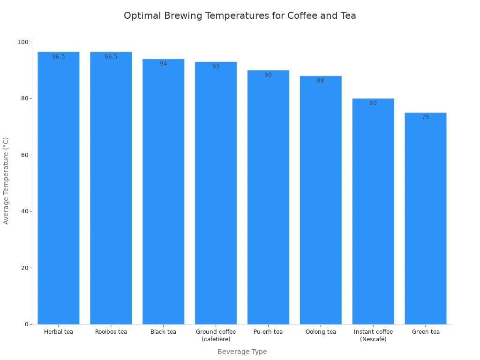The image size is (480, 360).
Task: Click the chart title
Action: pyautogui.click(x=240, y=15)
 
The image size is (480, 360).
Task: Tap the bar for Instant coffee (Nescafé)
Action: pyautogui.click(x=373, y=211)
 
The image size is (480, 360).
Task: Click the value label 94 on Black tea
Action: pyautogui.click(x=163, y=64)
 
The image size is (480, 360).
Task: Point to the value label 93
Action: pyautogui.click(x=216, y=67)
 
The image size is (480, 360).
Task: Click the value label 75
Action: pyautogui.click(x=425, y=117)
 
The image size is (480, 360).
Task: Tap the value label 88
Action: pyautogui.click(x=320, y=81)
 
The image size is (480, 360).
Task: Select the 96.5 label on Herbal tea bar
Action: pyautogui.click(x=59, y=57)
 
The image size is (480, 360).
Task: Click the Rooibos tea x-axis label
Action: pyautogui.click(x=111, y=332)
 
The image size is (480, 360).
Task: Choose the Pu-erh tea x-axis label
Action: pyautogui.click(x=268, y=332)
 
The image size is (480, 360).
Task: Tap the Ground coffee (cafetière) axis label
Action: pyautogui.click(x=216, y=335)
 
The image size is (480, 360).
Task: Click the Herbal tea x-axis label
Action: pyautogui.click(x=59, y=332)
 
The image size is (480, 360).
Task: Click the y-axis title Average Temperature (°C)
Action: pyautogui.click(x=6, y=180)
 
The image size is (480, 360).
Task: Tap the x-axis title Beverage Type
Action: pyautogui.click(x=242, y=352)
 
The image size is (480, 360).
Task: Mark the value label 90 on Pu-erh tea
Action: pyautogui.click(x=268, y=75)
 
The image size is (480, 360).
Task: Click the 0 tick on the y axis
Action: pyautogui.click(x=26, y=324)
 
